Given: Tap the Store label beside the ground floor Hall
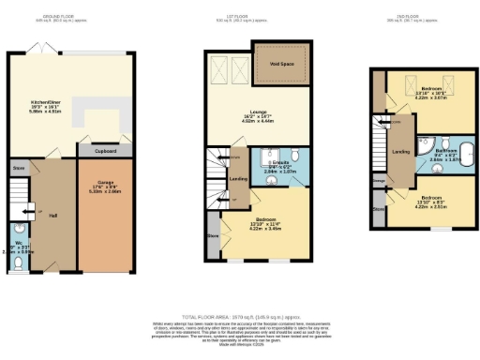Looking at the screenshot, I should (x=17, y=170).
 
